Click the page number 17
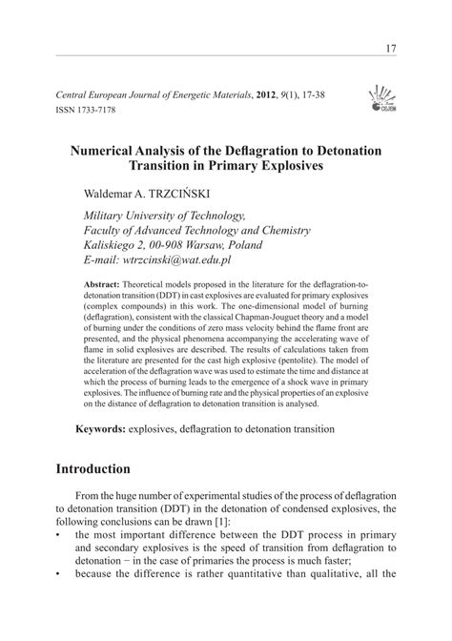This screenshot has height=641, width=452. (x=391, y=49)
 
